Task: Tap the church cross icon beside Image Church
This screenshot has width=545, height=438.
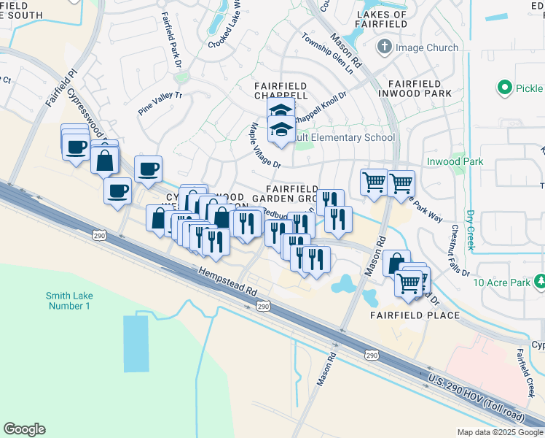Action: coord(385,47)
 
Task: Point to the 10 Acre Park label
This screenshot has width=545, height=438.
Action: coord(500,282)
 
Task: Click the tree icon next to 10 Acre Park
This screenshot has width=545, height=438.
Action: coord(540,281)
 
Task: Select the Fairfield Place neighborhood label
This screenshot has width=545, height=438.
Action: coord(414,315)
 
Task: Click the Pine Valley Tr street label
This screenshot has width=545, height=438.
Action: coord(160,104)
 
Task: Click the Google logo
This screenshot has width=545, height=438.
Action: coord(24,429)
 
